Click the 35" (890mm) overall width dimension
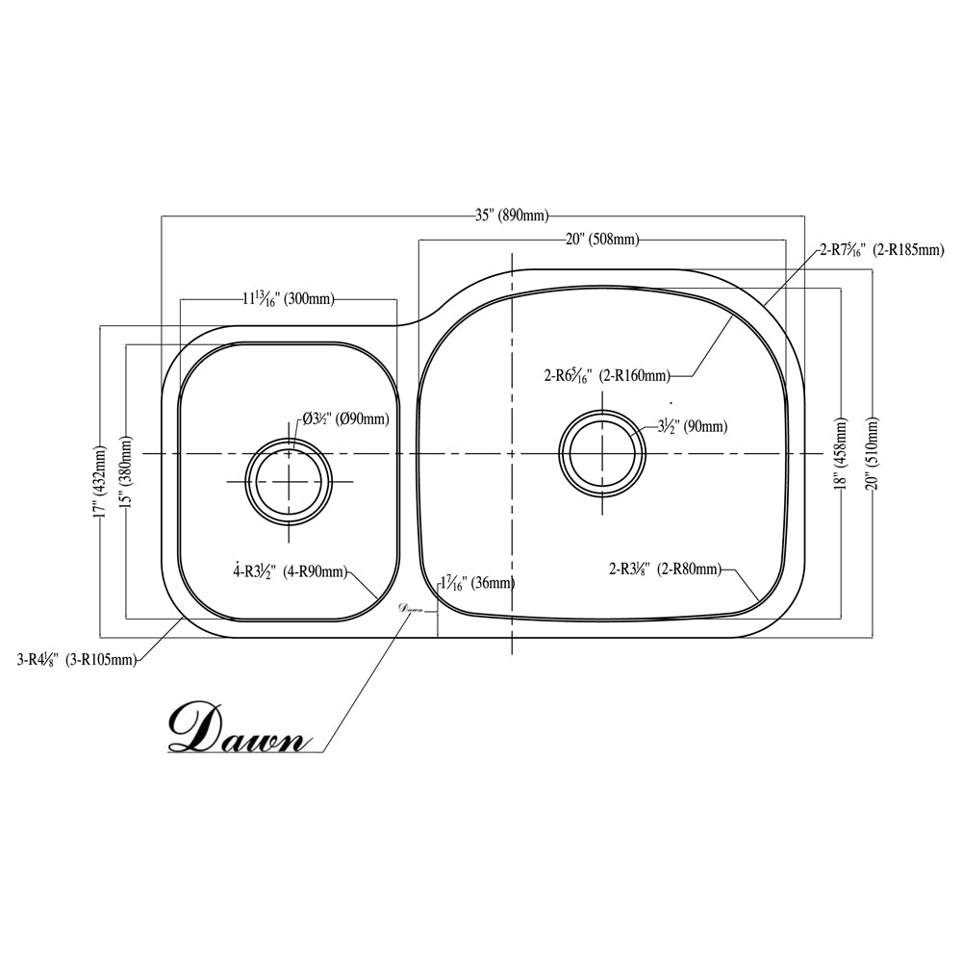(x=511, y=215)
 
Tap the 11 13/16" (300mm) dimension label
(x=288, y=299)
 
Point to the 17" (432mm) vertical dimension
(x=101, y=482)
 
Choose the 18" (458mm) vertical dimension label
(x=843, y=454)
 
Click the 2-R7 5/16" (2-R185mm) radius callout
(x=880, y=250)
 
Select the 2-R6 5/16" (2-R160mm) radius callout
(x=606, y=375)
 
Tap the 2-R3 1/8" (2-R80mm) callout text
(x=664, y=570)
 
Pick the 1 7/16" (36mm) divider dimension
(x=476, y=583)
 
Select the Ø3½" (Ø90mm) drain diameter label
(x=345, y=418)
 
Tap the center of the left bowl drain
(x=289, y=481)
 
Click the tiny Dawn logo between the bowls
(x=411, y=609)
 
